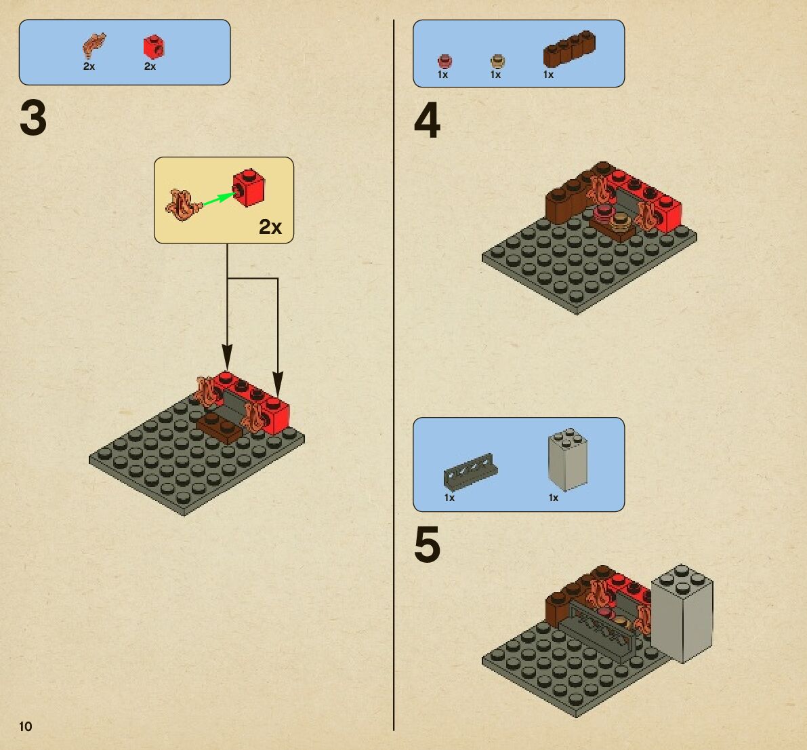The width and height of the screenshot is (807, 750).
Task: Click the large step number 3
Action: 33,118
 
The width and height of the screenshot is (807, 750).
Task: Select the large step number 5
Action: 427,545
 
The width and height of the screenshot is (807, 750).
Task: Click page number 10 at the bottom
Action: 26,726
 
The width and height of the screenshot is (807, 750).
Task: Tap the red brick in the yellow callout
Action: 249,188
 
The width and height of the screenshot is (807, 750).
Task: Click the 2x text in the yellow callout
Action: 270,227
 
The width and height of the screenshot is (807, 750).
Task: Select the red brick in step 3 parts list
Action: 154,47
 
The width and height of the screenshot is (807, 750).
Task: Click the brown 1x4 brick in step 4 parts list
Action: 569,50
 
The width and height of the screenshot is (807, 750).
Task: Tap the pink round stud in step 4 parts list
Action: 444,61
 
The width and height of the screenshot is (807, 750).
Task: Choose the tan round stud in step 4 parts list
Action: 497,61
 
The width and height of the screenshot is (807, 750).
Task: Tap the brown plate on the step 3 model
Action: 219,427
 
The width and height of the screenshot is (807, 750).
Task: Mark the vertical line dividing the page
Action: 394,373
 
